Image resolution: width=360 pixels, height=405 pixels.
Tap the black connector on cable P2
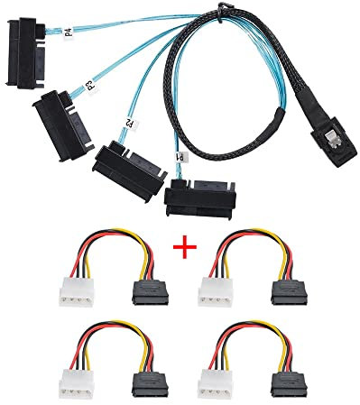116,159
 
